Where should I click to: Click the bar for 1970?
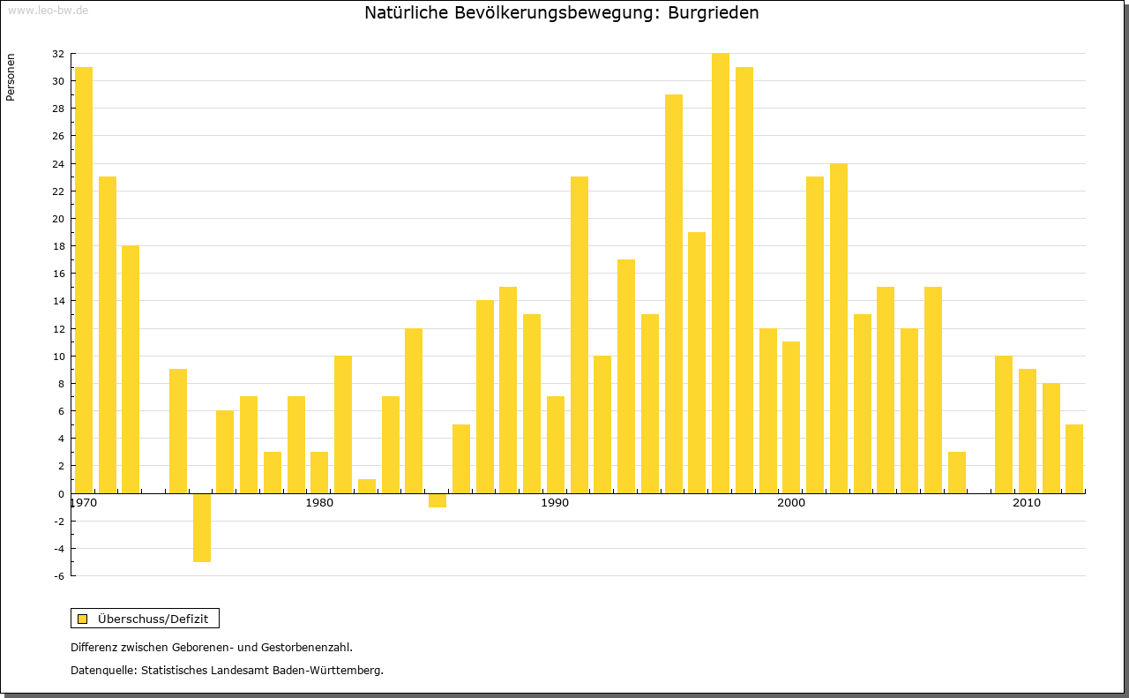click(84, 280)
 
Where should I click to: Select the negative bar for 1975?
click(202, 528)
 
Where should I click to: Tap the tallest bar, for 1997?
click(721, 273)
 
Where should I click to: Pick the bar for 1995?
click(674, 293)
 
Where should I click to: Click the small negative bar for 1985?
click(437, 500)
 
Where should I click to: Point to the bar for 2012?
click(1074, 459)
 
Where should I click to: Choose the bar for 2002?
click(839, 328)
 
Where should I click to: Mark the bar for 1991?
click(579, 334)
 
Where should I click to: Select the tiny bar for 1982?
click(367, 486)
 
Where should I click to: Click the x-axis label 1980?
click(319, 503)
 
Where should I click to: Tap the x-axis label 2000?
click(791, 503)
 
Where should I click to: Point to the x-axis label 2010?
click(1027, 503)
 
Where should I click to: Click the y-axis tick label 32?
click(57, 54)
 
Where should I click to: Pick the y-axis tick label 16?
click(57, 274)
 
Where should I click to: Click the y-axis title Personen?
click(11, 78)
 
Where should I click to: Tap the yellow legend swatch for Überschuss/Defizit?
click(82, 619)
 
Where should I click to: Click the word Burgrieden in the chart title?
click(714, 13)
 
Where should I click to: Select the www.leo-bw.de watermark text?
click(48, 10)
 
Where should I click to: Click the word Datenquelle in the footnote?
click(101, 671)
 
